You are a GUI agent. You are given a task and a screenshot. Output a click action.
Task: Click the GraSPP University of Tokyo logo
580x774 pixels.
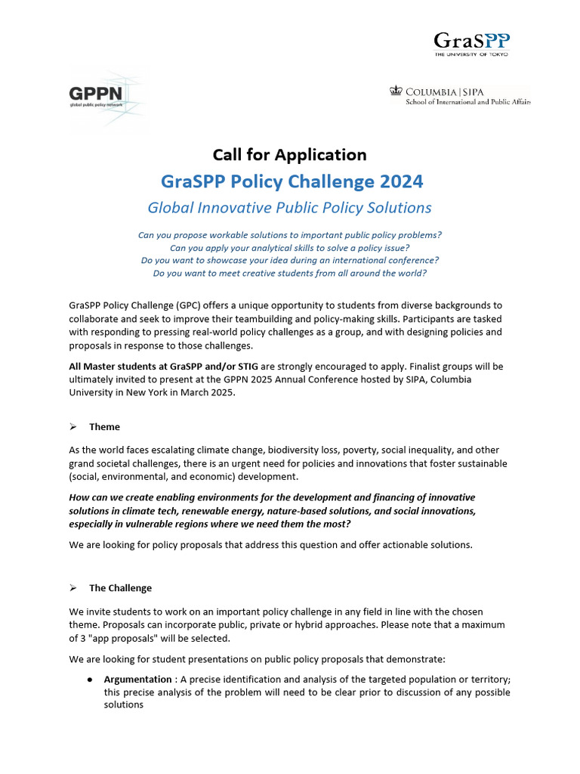[x=470, y=44]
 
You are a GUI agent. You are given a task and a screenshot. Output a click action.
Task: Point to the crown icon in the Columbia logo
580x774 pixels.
[x=395, y=91]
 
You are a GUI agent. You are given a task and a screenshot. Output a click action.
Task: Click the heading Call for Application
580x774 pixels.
[x=289, y=155]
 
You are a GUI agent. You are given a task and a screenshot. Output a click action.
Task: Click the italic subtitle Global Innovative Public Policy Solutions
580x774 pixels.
[x=289, y=207]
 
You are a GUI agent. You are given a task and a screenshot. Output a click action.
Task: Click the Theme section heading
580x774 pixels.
[x=104, y=427]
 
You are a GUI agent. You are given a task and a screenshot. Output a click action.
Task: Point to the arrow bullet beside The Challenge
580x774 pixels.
[x=73, y=588]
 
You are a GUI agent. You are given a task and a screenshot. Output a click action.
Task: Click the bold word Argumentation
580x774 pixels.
[x=137, y=680]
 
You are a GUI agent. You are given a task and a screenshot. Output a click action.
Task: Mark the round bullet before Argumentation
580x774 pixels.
[x=90, y=680]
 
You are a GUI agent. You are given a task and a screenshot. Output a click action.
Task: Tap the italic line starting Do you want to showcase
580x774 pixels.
[x=289, y=260]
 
